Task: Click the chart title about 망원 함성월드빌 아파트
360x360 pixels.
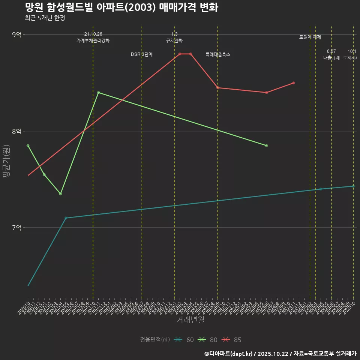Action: coord(121,7)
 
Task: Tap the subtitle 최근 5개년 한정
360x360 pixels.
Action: coord(45,18)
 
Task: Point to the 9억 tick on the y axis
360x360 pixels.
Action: coord(17,35)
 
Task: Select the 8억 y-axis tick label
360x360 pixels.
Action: coord(17,131)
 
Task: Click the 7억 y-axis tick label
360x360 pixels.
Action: coord(17,228)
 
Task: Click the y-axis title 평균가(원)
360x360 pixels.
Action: coord(6,163)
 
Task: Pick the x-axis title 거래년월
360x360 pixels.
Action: coord(190,320)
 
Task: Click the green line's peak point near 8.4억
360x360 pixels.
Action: coord(98,92)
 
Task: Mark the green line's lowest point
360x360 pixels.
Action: coord(60,193)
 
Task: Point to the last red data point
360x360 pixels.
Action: coord(294,83)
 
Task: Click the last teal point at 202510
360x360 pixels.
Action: coord(353,186)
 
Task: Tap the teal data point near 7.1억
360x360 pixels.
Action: coord(66,218)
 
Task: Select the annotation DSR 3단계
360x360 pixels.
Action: coord(142,54)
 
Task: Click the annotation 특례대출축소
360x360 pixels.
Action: coord(218,54)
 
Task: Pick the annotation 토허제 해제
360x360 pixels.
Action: coord(310,37)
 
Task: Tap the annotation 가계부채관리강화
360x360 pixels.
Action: coord(93,40)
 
